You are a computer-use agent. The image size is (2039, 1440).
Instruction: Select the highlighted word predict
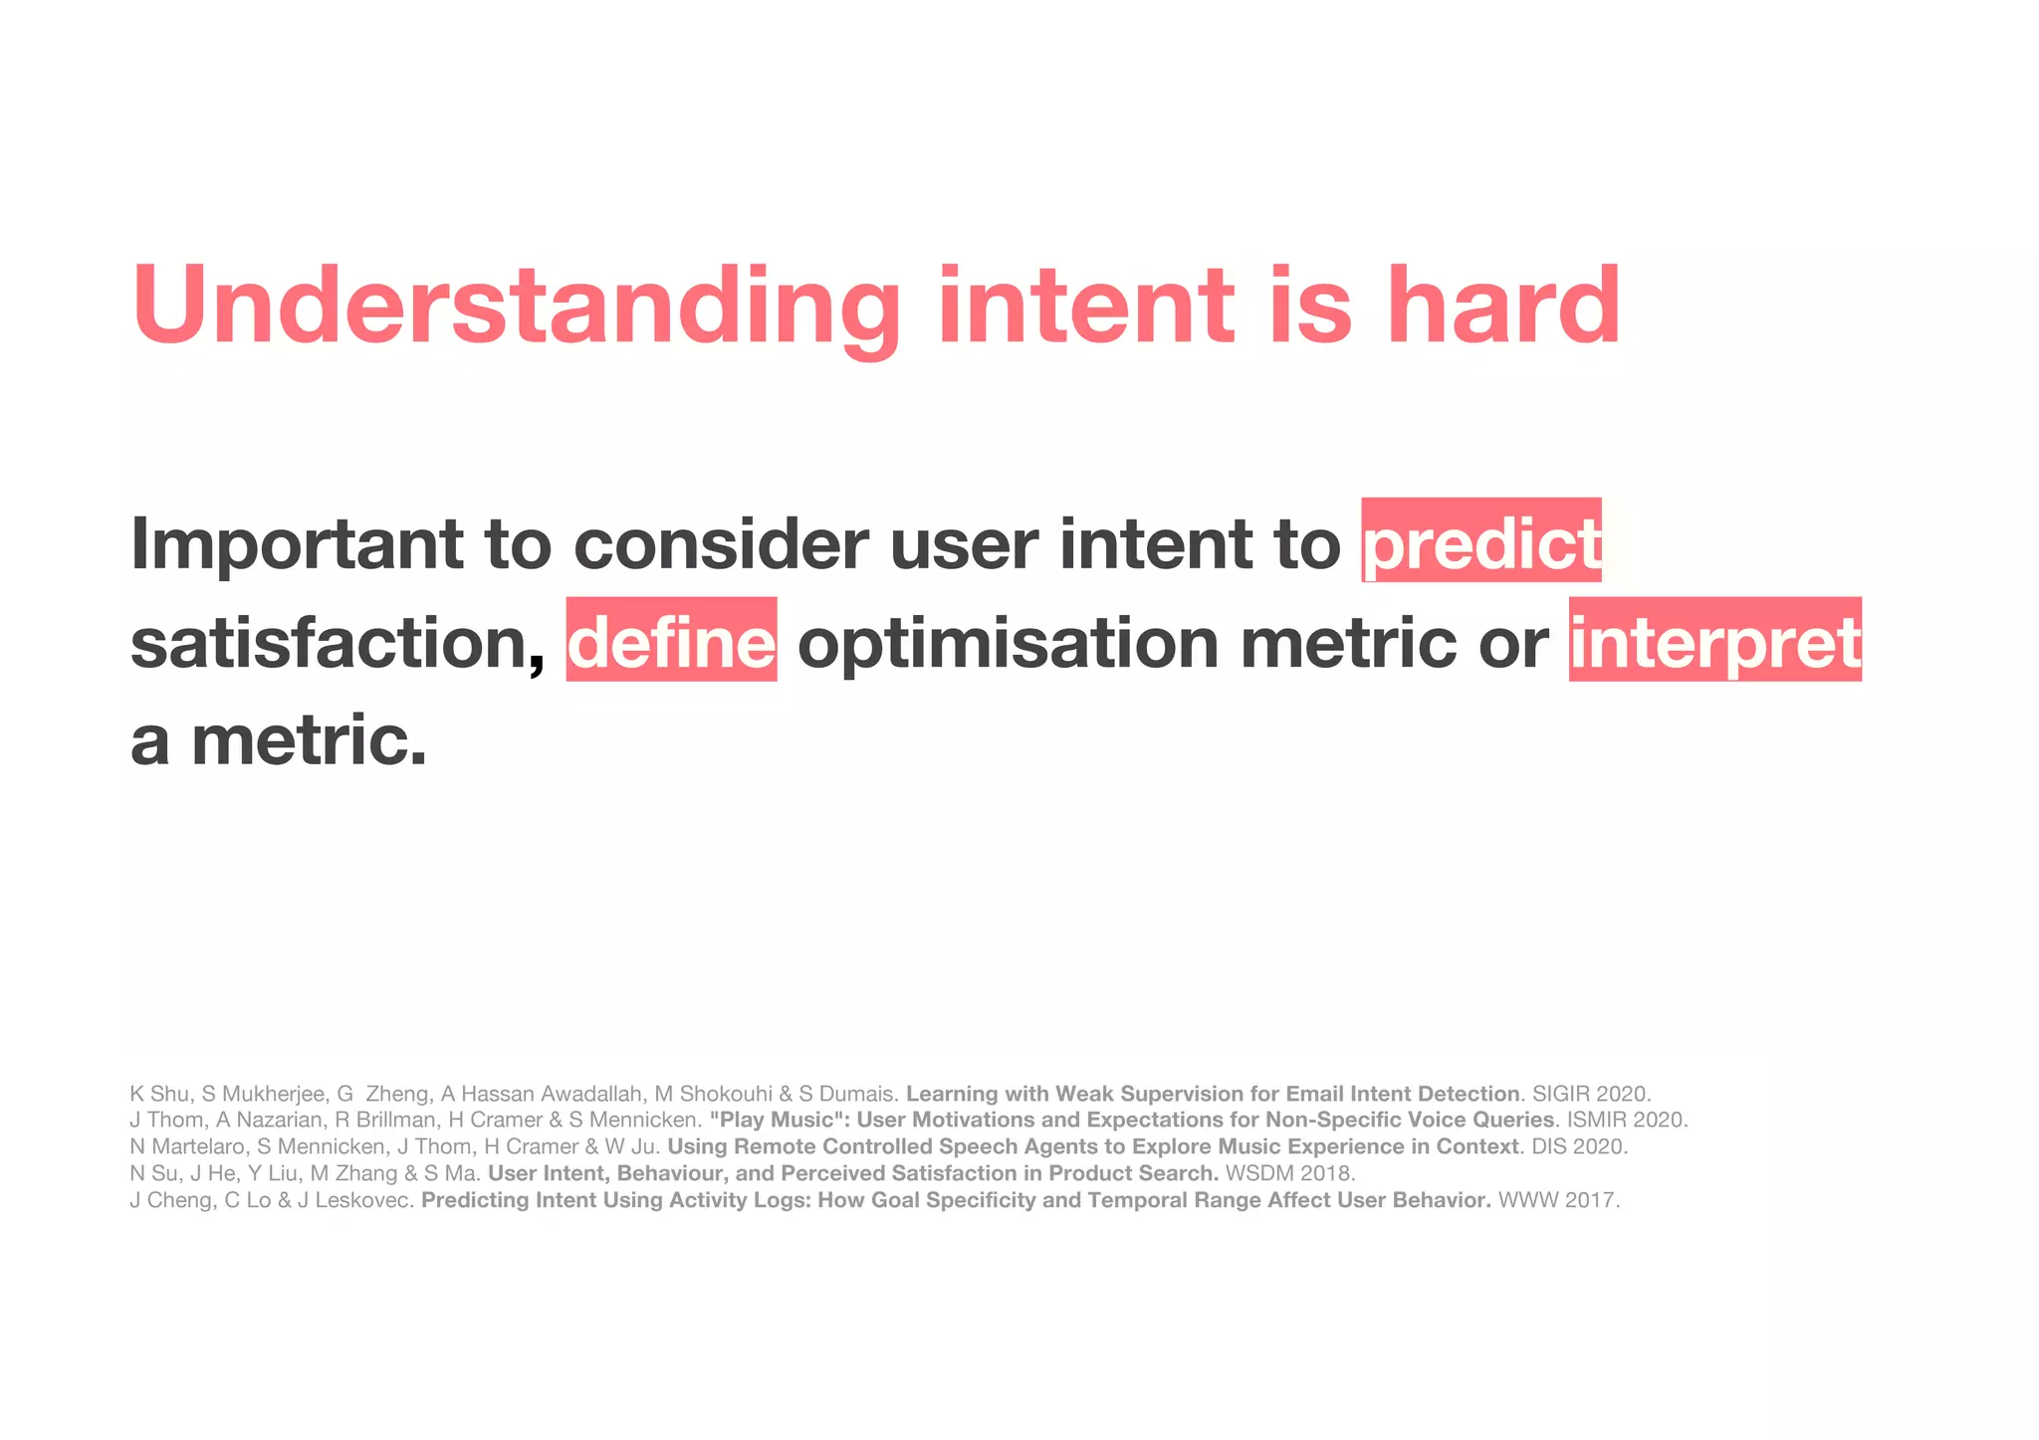pos(1481,542)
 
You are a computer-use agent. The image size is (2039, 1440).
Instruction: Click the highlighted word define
pos(671,642)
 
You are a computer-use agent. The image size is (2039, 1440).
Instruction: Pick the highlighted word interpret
pos(1714,642)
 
